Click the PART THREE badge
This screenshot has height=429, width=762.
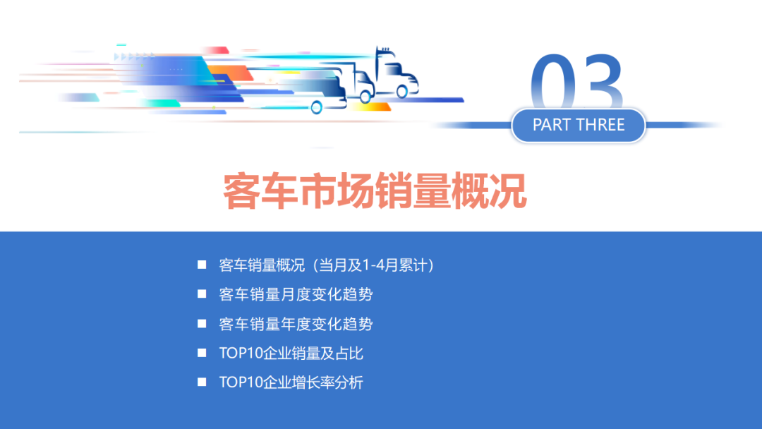579,126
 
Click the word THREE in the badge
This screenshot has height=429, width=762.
601,126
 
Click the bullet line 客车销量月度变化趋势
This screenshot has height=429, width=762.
296,294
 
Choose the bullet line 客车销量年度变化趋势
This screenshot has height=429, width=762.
296,324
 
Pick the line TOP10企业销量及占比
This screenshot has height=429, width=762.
291,354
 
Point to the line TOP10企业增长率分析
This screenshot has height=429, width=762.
291,383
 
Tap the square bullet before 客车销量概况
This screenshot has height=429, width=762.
202,265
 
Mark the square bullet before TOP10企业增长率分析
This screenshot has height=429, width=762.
202,382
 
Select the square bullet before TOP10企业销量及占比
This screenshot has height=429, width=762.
202,353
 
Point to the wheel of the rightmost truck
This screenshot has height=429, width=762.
402,91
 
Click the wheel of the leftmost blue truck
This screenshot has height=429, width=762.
316,108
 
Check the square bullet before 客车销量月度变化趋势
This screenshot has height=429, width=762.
202,294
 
